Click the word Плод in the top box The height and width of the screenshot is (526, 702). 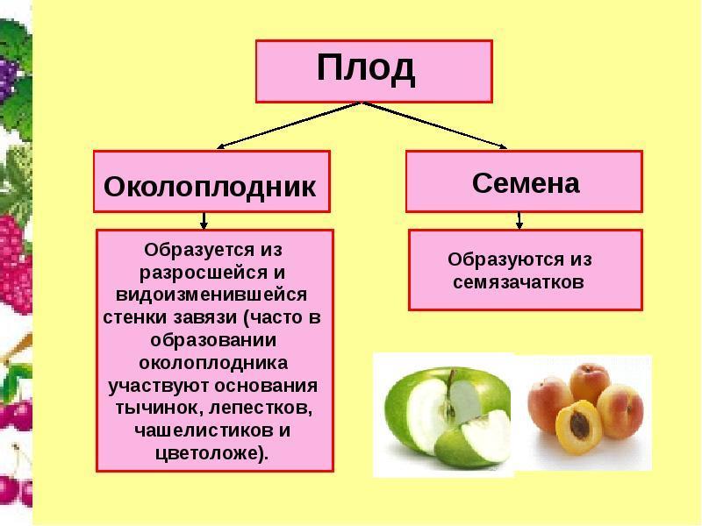click(366, 68)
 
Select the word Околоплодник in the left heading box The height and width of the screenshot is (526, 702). click(210, 187)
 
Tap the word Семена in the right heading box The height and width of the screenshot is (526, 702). click(526, 183)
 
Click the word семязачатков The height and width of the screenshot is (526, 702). click(519, 282)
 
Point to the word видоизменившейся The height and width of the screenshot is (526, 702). click(211, 295)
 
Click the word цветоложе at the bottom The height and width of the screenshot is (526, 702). click(207, 453)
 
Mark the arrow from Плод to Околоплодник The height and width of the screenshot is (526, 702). click(289, 125)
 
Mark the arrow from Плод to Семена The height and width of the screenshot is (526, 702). click(434, 125)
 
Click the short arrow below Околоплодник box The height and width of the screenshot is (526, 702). click(204, 221)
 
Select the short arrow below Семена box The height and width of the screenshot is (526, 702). click(519, 221)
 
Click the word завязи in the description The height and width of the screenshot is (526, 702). click(205, 318)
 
